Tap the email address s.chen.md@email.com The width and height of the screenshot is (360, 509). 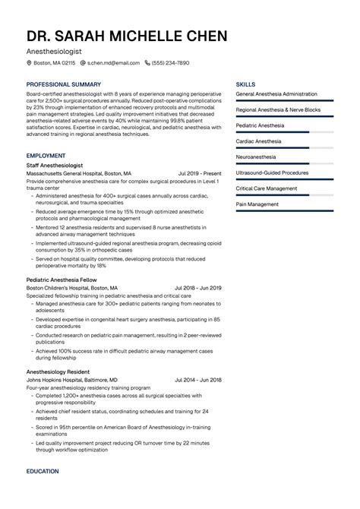point(114,63)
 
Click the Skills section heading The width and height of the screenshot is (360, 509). point(245,84)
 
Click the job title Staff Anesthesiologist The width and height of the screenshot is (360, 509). point(55,165)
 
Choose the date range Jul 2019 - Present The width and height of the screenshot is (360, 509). point(200,173)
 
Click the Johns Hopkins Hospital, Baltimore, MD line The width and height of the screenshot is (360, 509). point(71,379)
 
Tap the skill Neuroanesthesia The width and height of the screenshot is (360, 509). point(256,156)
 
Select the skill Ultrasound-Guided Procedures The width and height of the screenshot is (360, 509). point(272,172)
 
